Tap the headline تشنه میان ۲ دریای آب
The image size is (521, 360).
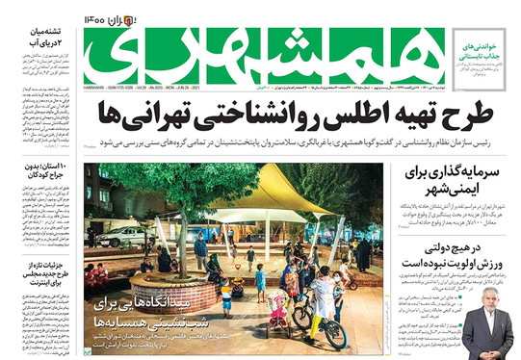pos(38,39)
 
